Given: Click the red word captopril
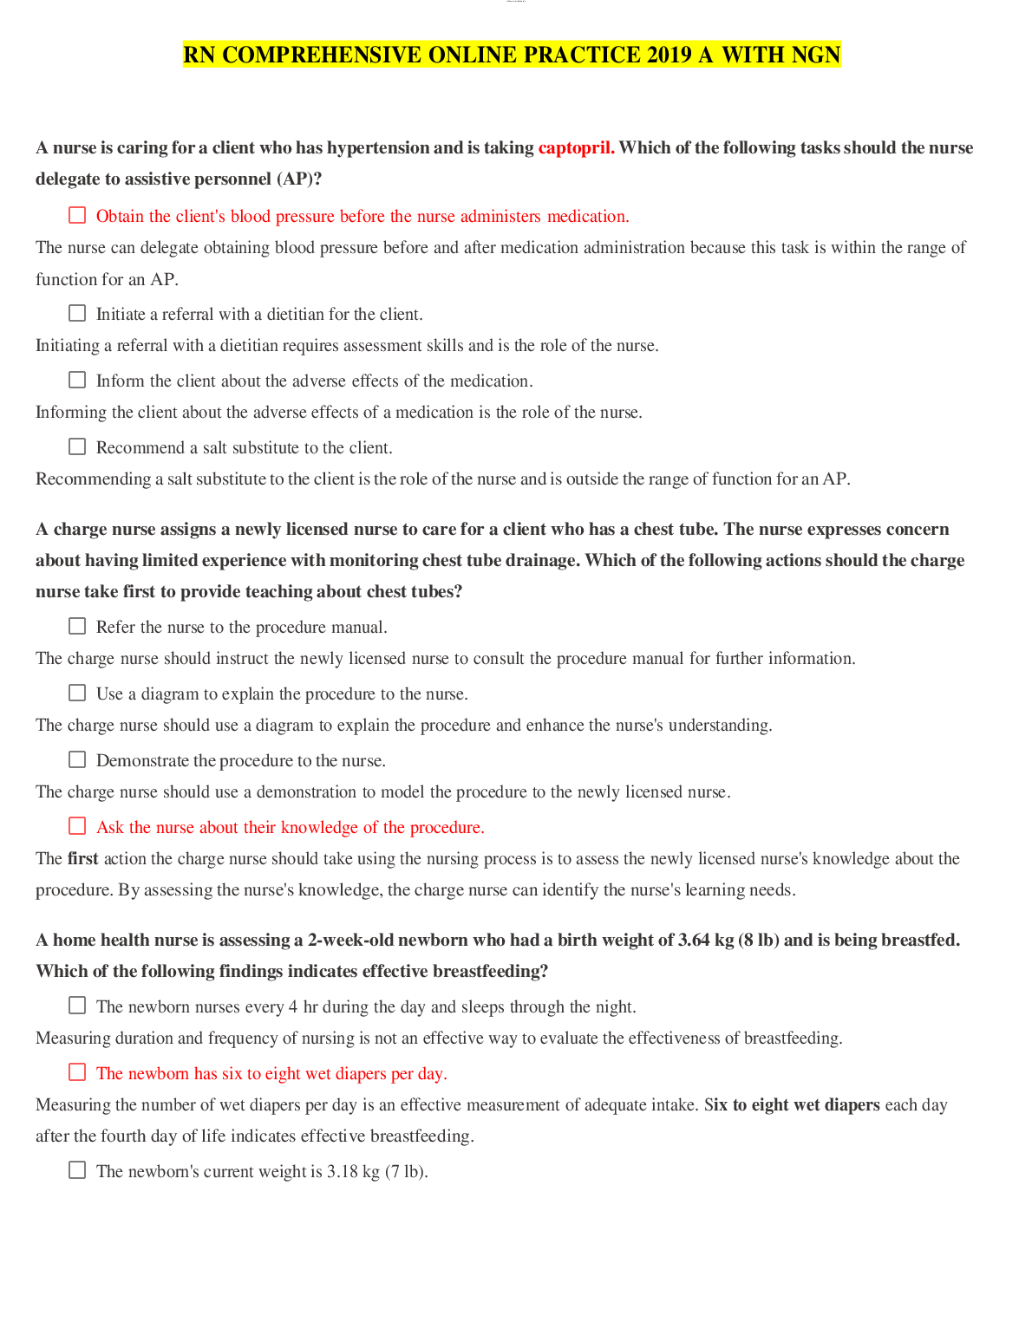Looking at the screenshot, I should coord(576,148).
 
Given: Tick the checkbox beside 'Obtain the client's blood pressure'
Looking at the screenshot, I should coord(77,215).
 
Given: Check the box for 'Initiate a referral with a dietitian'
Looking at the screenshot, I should coord(77,313).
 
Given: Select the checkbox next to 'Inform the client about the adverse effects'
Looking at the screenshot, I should coord(77,380).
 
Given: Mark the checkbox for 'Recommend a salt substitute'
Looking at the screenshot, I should coord(77,446).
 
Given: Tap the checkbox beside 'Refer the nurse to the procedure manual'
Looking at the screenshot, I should coord(77,626).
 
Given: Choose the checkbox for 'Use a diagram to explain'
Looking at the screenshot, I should coord(77,693).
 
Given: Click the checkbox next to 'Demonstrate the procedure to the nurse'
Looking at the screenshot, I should coord(77,759).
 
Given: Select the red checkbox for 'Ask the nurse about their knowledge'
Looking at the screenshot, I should coord(77,826).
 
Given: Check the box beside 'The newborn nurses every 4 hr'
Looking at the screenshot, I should coord(77,1006).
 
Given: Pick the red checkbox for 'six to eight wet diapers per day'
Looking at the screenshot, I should coord(77,1072).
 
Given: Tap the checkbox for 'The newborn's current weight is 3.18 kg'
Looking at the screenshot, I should coord(77,1170).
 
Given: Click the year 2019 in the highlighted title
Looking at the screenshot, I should coord(669,55).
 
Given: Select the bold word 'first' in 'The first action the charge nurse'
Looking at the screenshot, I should coord(83,859).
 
